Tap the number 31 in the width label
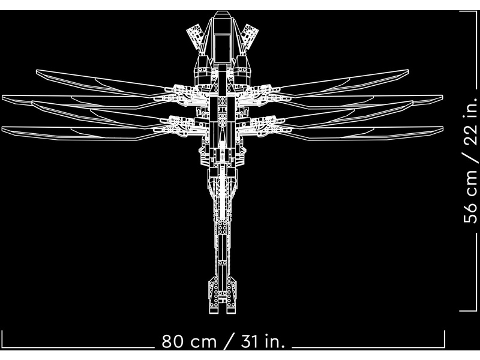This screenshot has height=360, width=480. pos(249,341)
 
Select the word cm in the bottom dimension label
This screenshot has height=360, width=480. pos(203,343)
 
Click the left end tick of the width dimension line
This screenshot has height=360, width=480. pos(2,339)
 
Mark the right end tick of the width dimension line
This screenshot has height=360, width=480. pos(444,339)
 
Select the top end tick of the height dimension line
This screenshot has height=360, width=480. pos(468,11)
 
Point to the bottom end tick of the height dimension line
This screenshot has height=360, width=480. pos(468,311)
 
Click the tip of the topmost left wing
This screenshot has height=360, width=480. pos(37,71)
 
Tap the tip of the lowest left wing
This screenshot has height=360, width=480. pos(2,128)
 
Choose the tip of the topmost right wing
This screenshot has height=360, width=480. pos(409,70)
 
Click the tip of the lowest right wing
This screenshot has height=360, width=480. pos(443,128)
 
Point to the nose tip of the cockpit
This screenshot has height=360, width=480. pos(223,11)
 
